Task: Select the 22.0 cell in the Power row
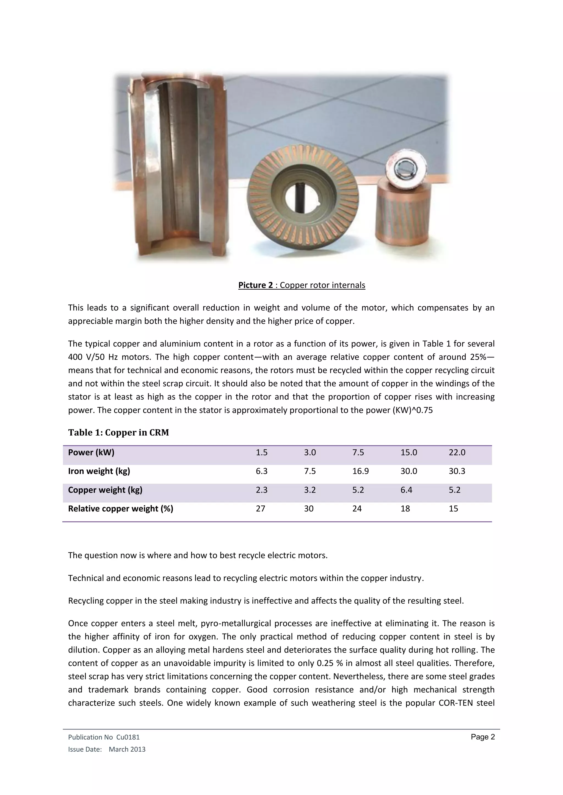(x=457, y=453)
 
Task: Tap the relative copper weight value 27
(x=260, y=509)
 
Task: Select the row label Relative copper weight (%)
(x=120, y=509)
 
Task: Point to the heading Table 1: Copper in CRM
(x=118, y=432)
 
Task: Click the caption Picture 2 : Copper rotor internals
(x=302, y=285)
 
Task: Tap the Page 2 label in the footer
(x=482, y=737)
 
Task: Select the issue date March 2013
(x=127, y=749)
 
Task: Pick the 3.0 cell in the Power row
(x=310, y=453)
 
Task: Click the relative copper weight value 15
(x=453, y=509)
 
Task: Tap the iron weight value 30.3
(x=457, y=471)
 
